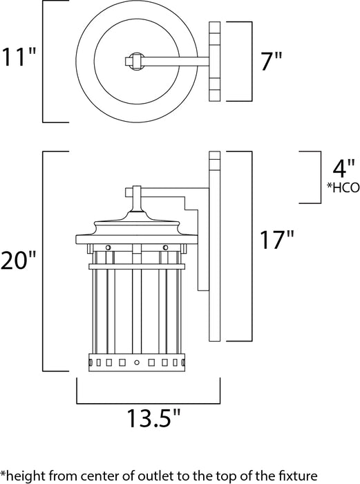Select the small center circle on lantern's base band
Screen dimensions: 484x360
pos(136,362)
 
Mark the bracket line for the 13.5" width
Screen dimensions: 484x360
pos(148,402)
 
